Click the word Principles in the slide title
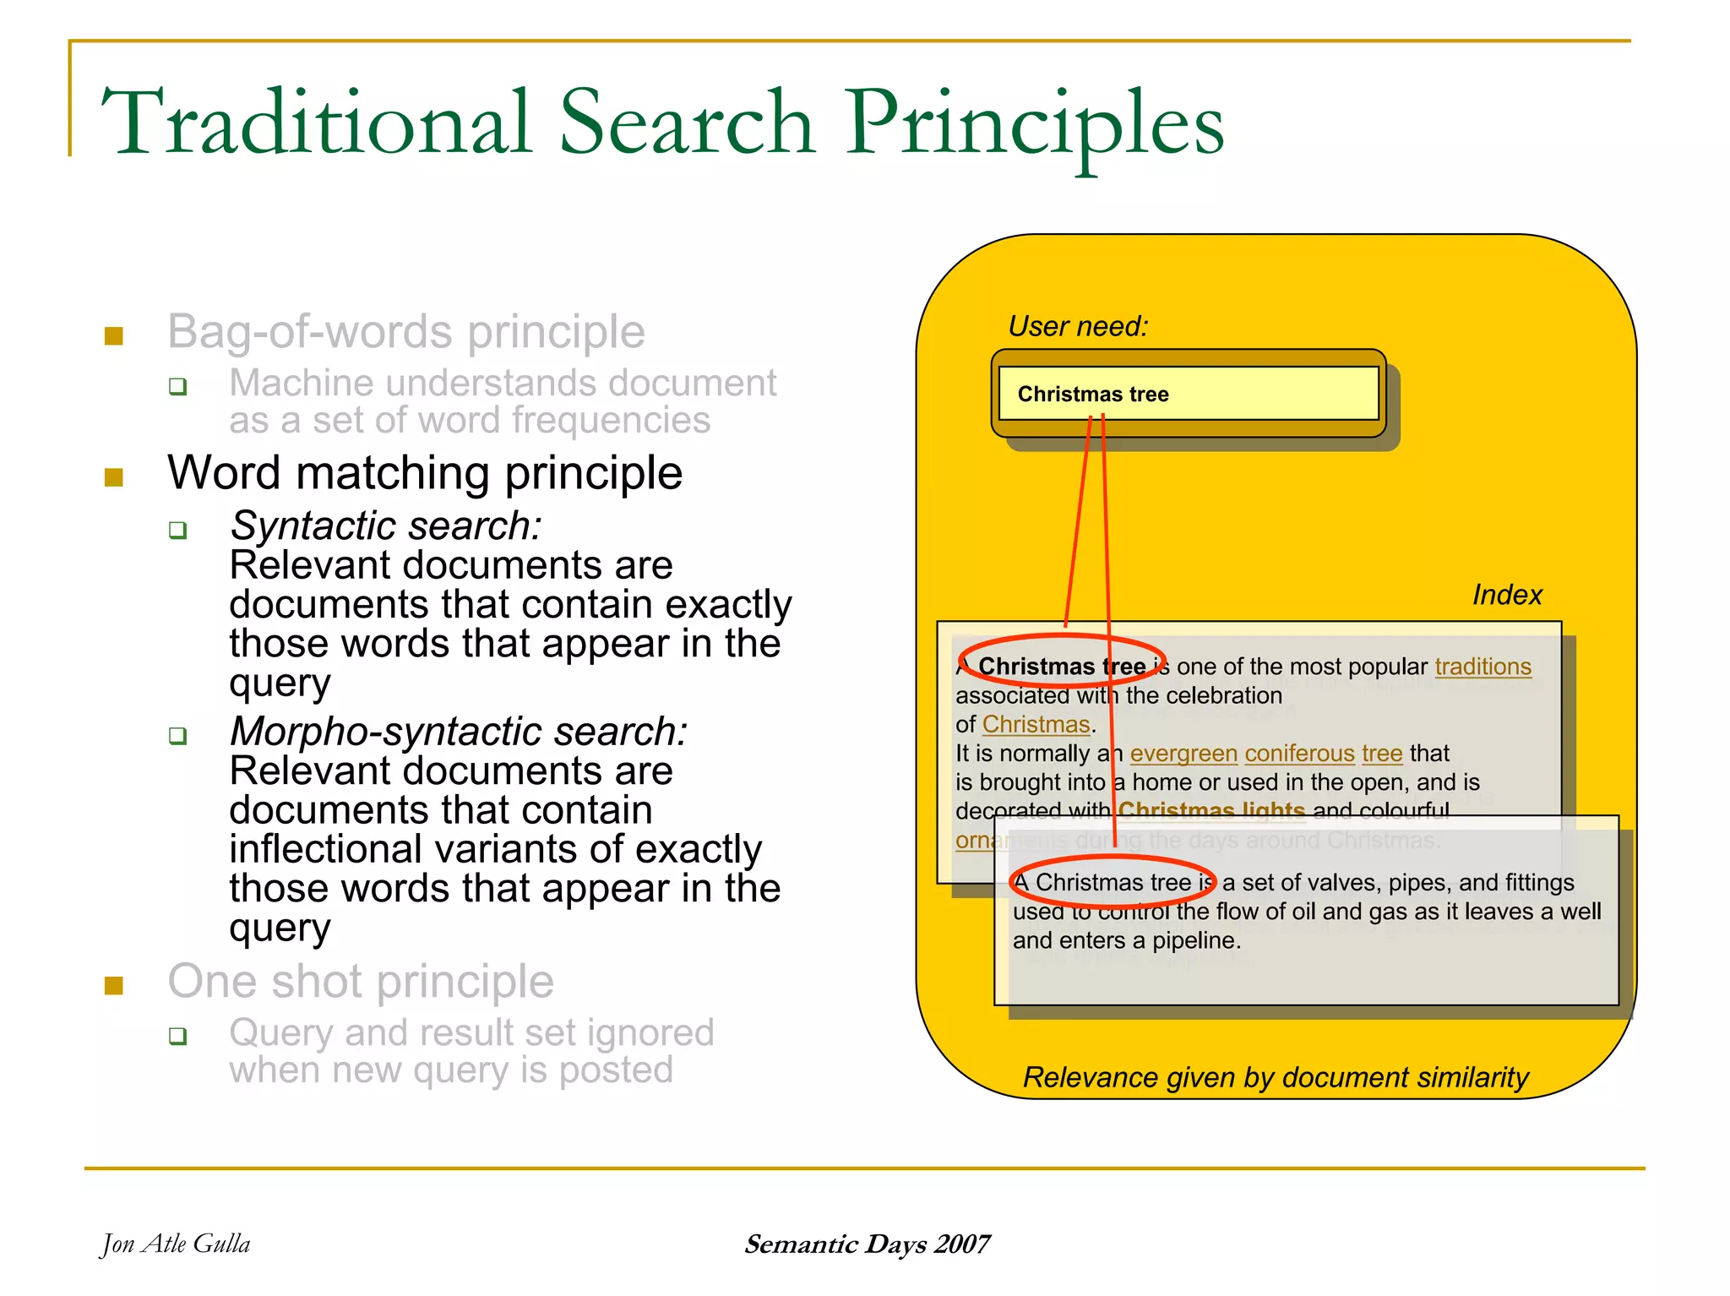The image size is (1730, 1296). click(x=1036, y=125)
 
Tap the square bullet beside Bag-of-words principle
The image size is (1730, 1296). click(x=114, y=336)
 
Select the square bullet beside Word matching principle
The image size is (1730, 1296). click(x=114, y=478)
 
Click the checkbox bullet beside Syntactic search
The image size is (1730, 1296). click(x=177, y=531)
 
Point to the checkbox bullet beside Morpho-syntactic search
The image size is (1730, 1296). click(x=177, y=736)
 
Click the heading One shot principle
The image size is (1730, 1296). click(x=361, y=982)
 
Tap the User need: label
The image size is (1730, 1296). click(x=1078, y=326)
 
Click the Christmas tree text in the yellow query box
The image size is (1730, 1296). click(x=1093, y=395)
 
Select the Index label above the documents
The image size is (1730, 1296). click(x=1507, y=595)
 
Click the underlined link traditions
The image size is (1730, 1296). click(x=1482, y=667)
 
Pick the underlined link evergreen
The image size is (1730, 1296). click(x=1183, y=753)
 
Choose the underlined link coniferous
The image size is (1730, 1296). click(x=1299, y=753)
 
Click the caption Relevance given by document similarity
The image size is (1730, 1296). click(x=1276, y=1077)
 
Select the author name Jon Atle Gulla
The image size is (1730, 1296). click(x=176, y=1244)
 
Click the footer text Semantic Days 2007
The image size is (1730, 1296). click(x=867, y=1244)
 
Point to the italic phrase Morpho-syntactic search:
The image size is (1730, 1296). click(x=459, y=732)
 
